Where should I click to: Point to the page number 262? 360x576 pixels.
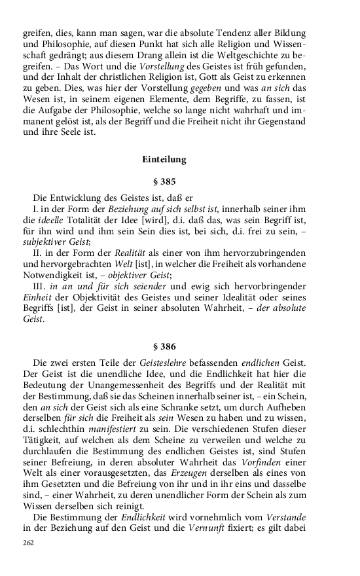coord(28,543)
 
